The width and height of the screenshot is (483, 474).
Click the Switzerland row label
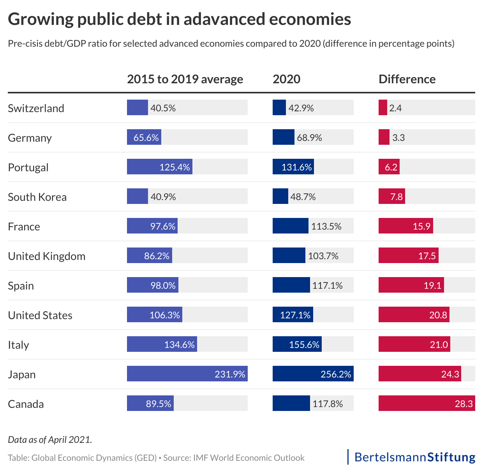point(36,108)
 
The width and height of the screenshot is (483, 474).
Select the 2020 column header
point(286,79)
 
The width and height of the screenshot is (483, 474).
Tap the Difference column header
point(407,79)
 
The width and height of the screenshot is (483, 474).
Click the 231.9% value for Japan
point(230,374)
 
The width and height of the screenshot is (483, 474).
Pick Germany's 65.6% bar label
point(146,138)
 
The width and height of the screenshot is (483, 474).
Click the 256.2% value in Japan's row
point(336,374)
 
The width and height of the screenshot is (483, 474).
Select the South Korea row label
point(37,197)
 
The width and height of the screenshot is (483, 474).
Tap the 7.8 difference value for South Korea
point(397,197)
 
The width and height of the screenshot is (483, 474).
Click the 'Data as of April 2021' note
point(50,440)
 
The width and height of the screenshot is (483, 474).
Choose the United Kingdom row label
point(46,256)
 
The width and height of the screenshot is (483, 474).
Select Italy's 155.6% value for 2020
point(304,345)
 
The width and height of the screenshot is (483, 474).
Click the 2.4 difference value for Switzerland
point(395,108)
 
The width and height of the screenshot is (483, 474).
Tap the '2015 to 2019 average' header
point(185,79)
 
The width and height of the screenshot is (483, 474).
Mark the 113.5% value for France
point(326,226)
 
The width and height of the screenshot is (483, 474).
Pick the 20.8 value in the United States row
point(438,315)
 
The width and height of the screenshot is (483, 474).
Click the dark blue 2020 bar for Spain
point(291,285)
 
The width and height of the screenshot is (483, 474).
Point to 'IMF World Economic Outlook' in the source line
point(249,458)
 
